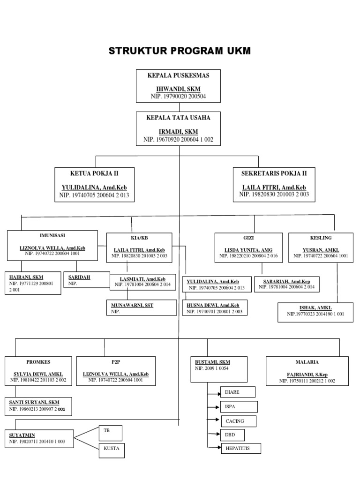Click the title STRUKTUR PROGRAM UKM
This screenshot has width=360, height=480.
[180, 51]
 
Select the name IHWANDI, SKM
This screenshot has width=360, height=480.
[178, 89]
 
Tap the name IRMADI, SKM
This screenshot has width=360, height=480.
[178, 132]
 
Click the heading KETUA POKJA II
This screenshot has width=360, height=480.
[94, 173]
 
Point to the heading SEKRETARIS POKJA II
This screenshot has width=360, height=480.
[274, 173]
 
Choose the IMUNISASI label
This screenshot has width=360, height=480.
[52, 235]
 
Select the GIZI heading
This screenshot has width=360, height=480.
[248, 238]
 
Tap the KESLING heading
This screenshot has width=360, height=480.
[320, 238]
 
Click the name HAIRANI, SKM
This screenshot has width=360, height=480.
[26, 277]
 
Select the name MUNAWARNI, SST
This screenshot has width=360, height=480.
[132, 305]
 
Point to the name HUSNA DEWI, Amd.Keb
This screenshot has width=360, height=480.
[213, 305]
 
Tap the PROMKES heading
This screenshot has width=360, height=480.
[39, 362]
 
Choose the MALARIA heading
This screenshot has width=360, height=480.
[307, 362]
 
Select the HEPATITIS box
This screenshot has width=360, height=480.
[240, 449]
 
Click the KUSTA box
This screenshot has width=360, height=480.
[111, 449]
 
